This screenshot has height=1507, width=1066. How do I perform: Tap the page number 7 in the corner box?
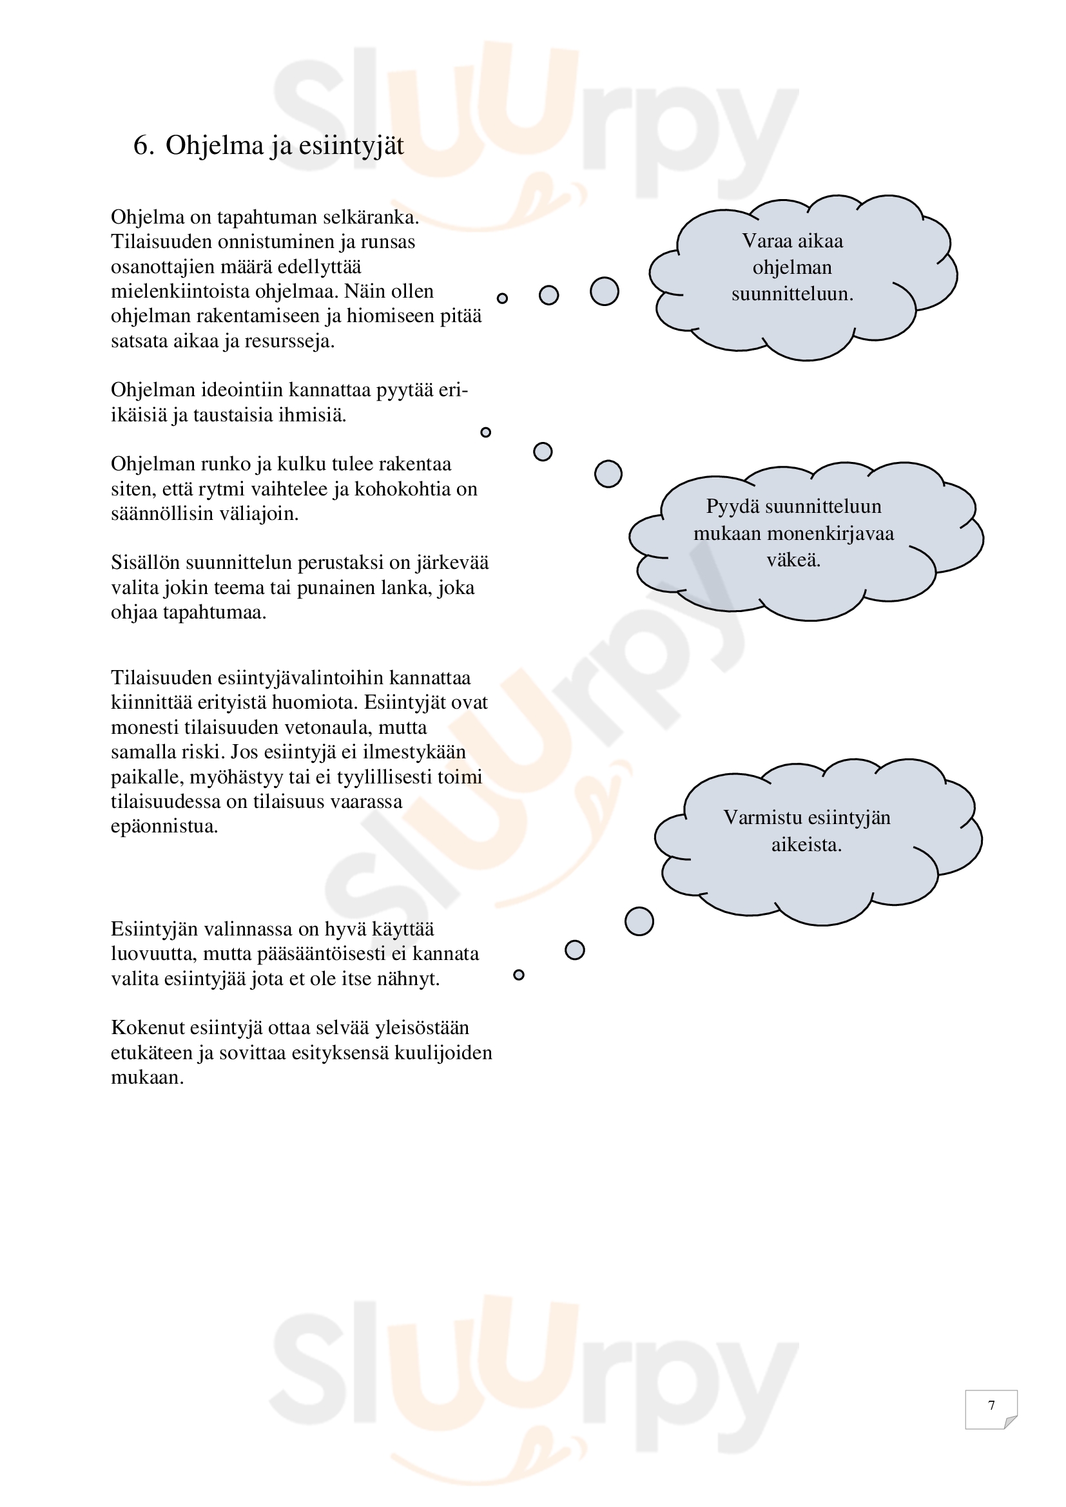991,1405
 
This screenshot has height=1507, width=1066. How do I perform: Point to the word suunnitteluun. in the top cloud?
792,294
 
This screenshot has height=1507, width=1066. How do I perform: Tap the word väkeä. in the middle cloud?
793,560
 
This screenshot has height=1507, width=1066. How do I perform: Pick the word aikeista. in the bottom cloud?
806,845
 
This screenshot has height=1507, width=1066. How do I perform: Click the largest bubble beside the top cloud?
604,291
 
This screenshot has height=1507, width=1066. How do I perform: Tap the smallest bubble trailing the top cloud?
502,299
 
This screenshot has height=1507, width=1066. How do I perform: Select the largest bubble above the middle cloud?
608,474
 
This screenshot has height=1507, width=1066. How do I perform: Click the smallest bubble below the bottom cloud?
519,975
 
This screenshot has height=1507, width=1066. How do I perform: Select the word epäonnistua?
164,827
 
